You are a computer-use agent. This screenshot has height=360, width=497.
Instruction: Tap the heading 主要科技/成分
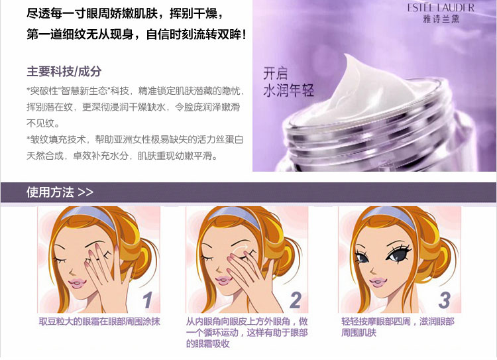click(x=64, y=71)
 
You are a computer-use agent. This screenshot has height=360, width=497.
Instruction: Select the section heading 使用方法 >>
click(x=60, y=192)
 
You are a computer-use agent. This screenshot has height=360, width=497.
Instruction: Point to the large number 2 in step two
click(x=296, y=300)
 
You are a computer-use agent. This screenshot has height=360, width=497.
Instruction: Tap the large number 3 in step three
click(x=444, y=300)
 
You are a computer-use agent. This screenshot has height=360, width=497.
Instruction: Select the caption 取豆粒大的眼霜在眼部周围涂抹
click(x=99, y=322)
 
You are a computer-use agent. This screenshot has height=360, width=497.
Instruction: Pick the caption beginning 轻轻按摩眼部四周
click(x=398, y=327)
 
